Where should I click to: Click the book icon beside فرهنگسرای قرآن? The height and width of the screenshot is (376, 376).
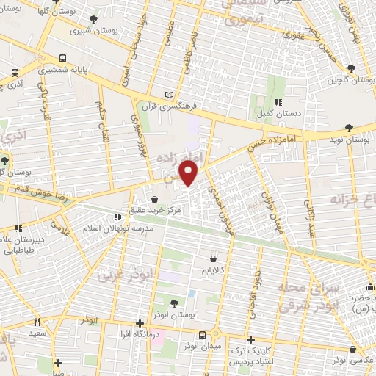172,94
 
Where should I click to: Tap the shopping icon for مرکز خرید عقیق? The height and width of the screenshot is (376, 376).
154,198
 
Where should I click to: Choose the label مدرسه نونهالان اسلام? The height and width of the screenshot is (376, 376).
120,228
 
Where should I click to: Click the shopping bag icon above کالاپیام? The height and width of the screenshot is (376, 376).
213,258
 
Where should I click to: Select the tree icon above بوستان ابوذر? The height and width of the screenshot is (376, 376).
173,303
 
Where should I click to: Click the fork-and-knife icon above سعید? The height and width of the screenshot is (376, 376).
36,322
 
